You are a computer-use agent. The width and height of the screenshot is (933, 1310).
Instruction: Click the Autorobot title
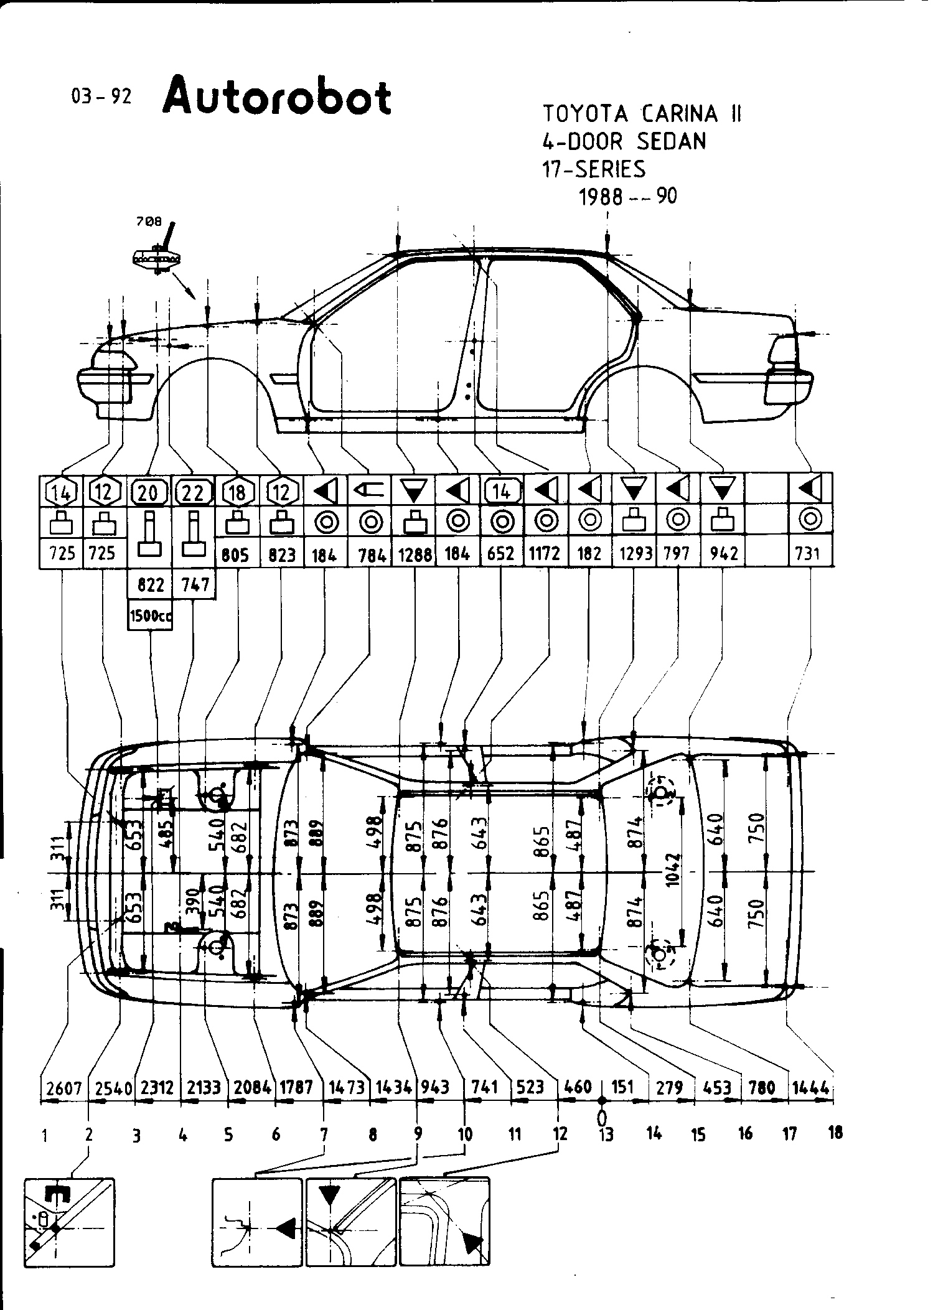pos(278,96)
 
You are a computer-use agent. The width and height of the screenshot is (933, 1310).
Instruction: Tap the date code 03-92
pos(101,96)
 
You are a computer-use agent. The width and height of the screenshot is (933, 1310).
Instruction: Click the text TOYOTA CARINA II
pos(642,114)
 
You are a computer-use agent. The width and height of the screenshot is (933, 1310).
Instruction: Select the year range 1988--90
pos(627,197)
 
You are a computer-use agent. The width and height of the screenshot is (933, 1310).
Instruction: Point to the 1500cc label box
pos(150,616)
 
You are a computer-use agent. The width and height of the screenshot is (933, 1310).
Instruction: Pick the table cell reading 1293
pos(635,553)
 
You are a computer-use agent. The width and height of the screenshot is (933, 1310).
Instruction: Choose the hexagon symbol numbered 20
pos(148,494)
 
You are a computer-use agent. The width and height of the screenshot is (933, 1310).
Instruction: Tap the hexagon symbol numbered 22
pos(193,494)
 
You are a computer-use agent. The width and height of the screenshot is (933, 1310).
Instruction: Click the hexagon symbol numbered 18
pos(238,494)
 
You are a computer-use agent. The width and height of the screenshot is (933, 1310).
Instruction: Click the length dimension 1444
pos(812,1088)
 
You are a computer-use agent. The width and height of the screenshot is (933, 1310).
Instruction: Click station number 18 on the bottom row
pos(835,1133)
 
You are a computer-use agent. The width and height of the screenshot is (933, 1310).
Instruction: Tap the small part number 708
pos(149,221)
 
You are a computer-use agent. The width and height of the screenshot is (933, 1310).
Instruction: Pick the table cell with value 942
pos(723,553)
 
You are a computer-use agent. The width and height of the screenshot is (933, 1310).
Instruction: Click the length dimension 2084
pos(252,1088)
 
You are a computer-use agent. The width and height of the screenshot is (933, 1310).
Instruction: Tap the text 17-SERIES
pos(594,169)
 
